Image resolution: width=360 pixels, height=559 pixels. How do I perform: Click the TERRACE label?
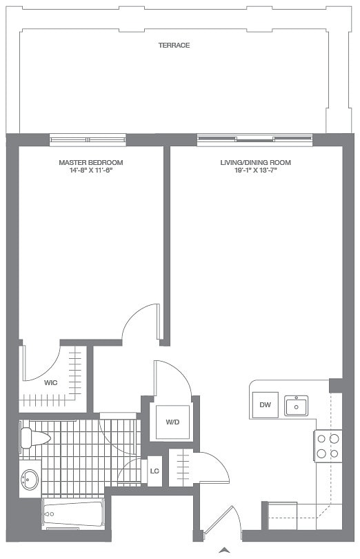(x=174, y=46)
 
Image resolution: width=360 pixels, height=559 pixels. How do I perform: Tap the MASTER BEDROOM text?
(x=90, y=163)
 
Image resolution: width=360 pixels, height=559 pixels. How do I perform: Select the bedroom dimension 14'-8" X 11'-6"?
(x=90, y=170)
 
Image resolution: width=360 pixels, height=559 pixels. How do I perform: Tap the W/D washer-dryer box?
(x=172, y=422)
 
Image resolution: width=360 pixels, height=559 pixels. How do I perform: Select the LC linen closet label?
(x=154, y=471)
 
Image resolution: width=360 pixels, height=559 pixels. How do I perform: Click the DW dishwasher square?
(x=265, y=405)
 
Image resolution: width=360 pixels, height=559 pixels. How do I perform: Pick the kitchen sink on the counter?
(x=297, y=406)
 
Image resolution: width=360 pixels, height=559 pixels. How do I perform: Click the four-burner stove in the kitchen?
(x=328, y=445)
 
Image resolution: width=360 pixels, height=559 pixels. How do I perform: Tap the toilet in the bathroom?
(x=33, y=438)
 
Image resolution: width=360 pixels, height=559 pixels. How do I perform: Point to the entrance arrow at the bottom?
(x=223, y=550)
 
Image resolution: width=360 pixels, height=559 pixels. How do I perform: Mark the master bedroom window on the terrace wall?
(x=88, y=139)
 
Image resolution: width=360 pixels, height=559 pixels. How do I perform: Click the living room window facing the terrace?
(x=254, y=139)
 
